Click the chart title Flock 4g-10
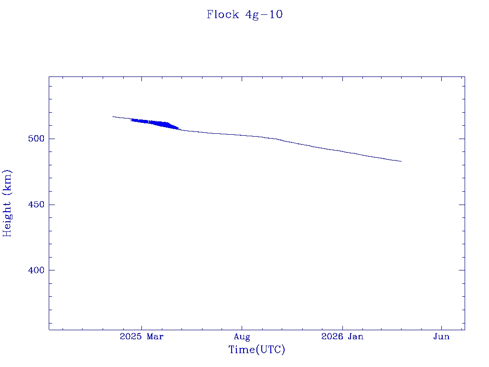244,14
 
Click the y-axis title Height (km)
7,203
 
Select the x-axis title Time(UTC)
257,350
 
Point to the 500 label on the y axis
36,139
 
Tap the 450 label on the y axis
36,205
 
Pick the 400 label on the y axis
36,270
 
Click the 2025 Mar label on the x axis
142,337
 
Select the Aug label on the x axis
242,337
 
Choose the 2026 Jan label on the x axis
342,337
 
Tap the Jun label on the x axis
441,337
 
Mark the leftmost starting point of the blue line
113,117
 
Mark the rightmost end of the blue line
401,161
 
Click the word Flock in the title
223,14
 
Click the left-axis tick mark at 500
52,139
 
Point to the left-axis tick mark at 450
52,205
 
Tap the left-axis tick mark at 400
52,270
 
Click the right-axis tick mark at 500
462,139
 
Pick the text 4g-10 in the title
264,14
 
